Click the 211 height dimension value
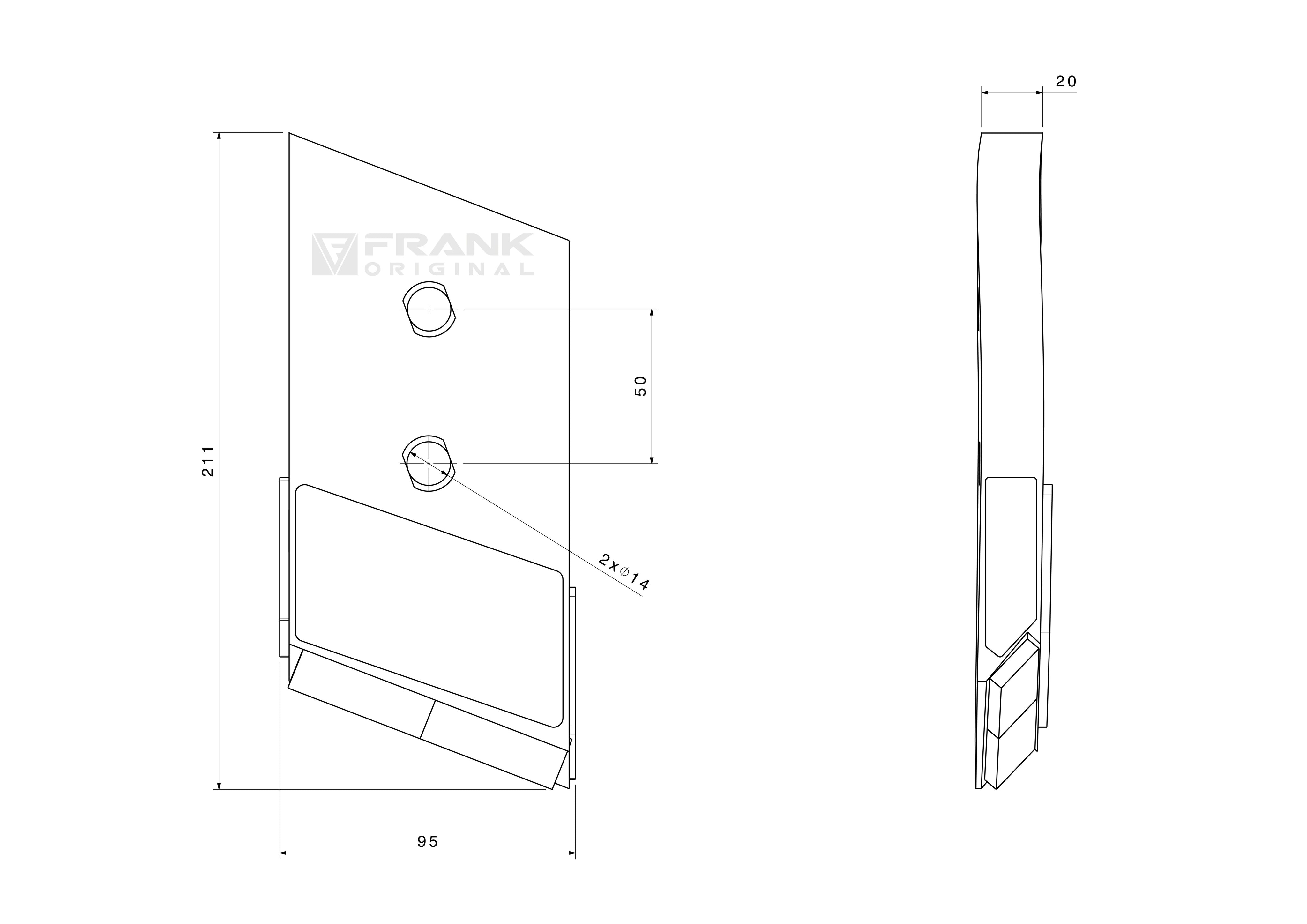click(208, 461)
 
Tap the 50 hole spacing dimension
click(641, 386)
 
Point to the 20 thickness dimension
click(1066, 81)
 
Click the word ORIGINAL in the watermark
click(449, 269)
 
